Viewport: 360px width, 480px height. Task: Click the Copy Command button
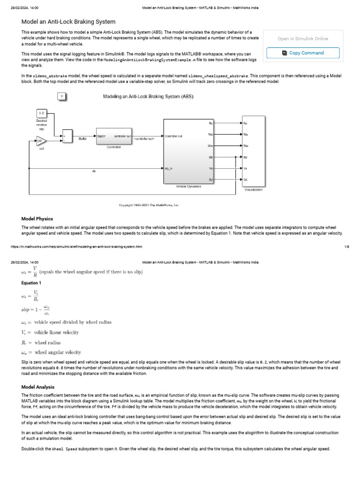(x=303, y=53)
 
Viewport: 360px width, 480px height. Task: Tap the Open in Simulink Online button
(x=303, y=39)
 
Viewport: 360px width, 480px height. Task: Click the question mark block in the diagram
(x=61, y=97)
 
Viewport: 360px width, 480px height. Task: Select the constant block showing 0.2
(x=41, y=113)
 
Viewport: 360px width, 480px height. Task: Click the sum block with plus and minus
(x=67, y=136)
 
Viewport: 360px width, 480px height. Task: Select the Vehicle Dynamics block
(x=188, y=151)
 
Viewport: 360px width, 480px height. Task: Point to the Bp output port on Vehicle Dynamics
(x=210, y=123)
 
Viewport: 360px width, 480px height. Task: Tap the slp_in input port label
(x=169, y=168)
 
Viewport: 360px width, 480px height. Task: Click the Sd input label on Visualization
(x=246, y=180)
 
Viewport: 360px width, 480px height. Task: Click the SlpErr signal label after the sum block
(x=82, y=139)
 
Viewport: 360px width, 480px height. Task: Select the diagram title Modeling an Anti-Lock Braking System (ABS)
(x=148, y=97)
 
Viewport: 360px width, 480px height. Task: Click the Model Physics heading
(x=37, y=219)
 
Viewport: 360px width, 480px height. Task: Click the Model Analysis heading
(x=38, y=387)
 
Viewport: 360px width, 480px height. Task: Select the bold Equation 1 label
(x=31, y=283)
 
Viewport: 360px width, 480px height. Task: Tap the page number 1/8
(x=346, y=246)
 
